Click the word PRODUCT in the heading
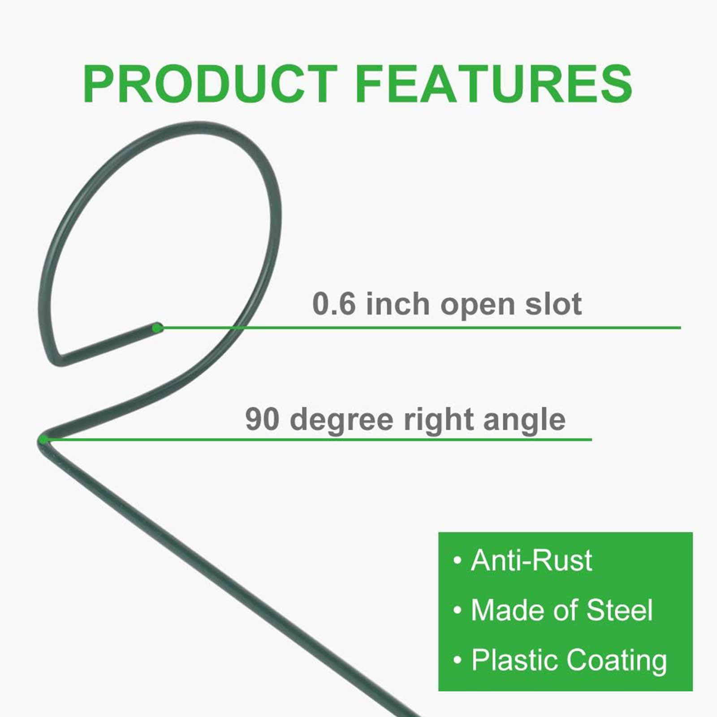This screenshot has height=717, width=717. point(210,84)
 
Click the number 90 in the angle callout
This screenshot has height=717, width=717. point(263,419)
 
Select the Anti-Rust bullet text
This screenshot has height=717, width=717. point(531,560)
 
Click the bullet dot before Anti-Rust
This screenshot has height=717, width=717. point(457,561)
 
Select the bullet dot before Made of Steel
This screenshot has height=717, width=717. point(457,610)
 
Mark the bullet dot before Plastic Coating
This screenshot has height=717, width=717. point(457,661)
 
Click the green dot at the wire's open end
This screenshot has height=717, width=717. point(157,328)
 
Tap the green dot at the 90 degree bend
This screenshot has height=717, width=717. point(43,440)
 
